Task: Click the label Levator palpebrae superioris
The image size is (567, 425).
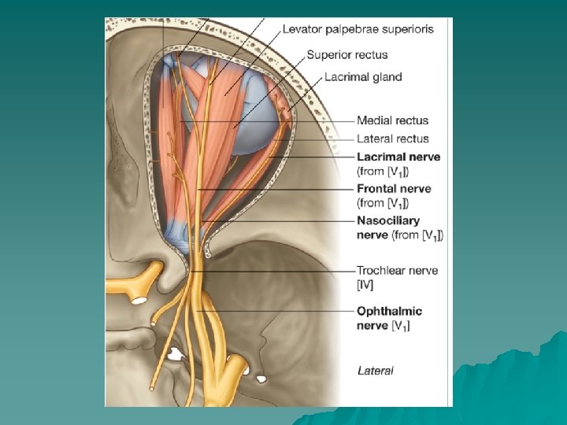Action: (x=358, y=29)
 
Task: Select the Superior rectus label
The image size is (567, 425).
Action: (x=347, y=55)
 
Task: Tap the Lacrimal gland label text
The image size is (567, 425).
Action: (x=363, y=77)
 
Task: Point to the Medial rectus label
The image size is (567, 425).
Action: (x=392, y=120)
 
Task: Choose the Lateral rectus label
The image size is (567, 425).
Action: (x=392, y=139)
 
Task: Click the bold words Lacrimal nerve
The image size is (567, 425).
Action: (x=398, y=157)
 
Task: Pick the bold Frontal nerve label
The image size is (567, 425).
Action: (x=394, y=189)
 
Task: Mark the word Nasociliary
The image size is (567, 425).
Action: (x=388, y=220)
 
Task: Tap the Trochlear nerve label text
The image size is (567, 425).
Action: (x=397, y=270)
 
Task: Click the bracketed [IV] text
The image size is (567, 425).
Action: (x=365, y=284)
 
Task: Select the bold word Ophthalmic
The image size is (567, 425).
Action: (x=389, y=312)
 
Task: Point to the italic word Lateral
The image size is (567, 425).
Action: (x=376, y=369)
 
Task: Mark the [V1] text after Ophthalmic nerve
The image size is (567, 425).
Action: (x=401, y=326)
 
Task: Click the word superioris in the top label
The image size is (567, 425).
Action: (x=407, y=29)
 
